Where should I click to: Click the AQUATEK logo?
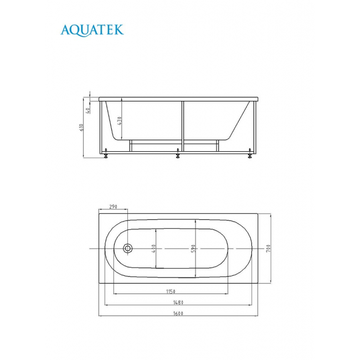pos(92,30)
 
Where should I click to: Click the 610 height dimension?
pos(81,127)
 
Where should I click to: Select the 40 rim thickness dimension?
pos(88,110)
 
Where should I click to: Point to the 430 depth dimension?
pos(120,121)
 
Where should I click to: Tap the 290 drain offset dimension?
pos(113,207)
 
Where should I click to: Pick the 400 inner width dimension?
pos(153,249)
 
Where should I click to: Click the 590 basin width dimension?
pos(193,249)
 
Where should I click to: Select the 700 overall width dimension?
pos(268,249)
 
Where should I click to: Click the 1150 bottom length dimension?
pos(171,291)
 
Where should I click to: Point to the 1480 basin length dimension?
pos(178,302)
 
